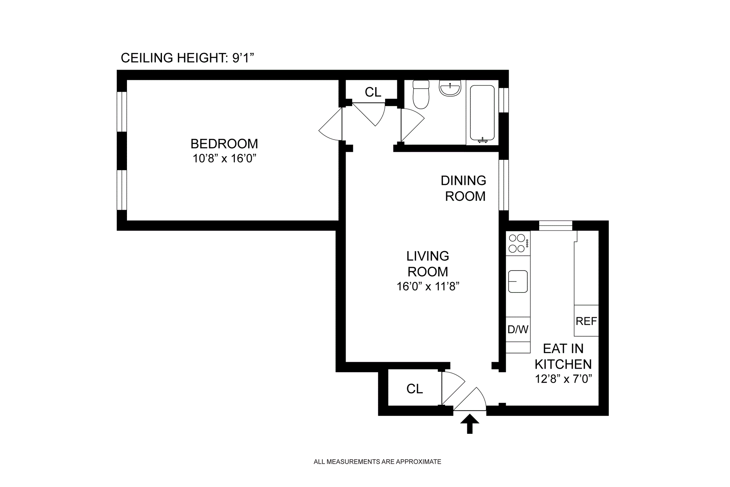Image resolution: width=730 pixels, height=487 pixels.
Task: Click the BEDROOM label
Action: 224,144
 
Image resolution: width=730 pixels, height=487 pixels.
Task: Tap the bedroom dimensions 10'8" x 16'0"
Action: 224,158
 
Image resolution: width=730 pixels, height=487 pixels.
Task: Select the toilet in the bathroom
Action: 421,94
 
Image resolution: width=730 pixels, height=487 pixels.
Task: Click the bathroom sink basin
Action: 450,88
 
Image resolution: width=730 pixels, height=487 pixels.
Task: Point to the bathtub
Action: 482,114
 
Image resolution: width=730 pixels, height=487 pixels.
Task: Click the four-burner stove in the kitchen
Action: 518,243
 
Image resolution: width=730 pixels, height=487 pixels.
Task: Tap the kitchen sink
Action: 518,282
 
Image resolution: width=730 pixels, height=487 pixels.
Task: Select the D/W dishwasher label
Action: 518,329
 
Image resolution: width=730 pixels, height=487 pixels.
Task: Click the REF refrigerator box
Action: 586,321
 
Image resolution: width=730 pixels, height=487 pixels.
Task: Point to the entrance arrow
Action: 470,424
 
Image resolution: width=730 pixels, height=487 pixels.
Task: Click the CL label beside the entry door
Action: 414,389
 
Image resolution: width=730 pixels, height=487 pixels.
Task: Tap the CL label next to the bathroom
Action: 373,92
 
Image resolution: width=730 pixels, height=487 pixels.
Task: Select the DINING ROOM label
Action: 464,188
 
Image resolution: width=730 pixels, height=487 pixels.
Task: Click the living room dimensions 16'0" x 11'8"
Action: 428,286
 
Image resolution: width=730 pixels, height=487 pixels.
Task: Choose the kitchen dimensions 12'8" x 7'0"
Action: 564,379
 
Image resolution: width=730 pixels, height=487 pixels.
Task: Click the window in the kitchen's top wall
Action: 555,226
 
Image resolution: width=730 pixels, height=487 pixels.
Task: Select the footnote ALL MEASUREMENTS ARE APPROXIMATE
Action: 377,462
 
